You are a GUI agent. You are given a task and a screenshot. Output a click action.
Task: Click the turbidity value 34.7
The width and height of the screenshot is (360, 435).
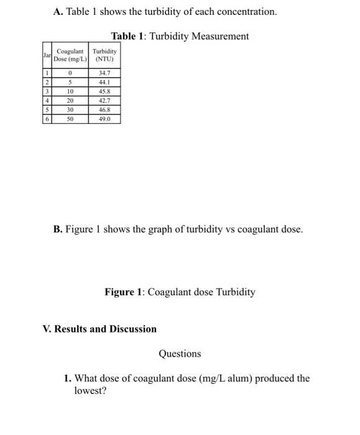coord(104,74)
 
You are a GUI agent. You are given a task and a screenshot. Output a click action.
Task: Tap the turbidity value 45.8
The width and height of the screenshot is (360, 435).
coord(104,91)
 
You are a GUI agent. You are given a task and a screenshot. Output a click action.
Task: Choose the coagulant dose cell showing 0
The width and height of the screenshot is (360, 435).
coord(70,74)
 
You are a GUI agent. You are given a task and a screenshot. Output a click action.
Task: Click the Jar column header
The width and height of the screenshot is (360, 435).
coord(47,55)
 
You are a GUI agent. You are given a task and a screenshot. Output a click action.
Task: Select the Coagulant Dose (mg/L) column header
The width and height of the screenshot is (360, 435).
coord(70,55)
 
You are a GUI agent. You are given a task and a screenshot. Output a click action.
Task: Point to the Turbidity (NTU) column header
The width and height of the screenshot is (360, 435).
coord(104,55)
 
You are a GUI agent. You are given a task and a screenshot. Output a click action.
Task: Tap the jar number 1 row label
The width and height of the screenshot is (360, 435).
coord(47,74)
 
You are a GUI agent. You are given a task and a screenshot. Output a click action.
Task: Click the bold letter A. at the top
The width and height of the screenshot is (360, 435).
coord(59,12)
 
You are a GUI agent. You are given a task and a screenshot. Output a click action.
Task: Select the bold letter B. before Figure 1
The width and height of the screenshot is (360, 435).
coord(58,229)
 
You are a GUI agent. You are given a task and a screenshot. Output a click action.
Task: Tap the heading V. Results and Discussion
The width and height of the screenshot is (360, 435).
coord(99,329)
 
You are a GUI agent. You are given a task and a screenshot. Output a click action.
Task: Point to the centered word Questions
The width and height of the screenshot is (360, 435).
coord(180,354)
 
